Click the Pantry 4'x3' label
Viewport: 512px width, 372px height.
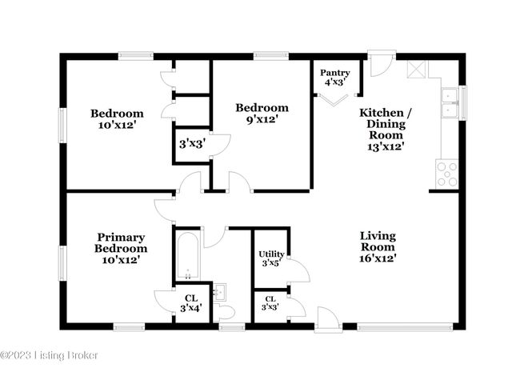(x=334, y=77)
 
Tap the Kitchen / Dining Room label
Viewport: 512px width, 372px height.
(x=385, y=129)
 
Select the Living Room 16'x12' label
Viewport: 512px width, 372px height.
(x=378, y=247)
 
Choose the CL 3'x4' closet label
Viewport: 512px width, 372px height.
(x=190, y=303)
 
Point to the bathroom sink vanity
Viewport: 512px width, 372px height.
(x=222, y=291)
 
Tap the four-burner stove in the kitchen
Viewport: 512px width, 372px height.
(x=446, y=173)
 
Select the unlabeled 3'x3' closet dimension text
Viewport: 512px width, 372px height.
(x=192, y=145)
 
